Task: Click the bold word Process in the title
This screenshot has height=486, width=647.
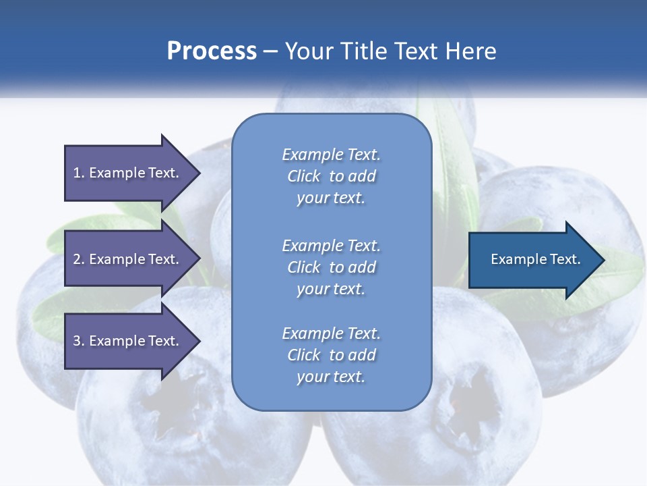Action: [x=212, y=51]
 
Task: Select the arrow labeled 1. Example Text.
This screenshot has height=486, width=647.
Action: [x=128, y=173]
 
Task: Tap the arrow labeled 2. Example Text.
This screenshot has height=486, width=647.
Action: [x=128, y=259]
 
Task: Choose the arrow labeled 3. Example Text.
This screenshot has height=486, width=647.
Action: [x=128, y=341]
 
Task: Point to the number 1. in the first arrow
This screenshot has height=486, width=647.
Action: [x=79, y=173]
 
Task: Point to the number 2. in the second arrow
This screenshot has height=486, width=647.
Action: [x=79, y=259]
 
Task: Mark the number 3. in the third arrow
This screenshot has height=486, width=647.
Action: [x=79, y=341]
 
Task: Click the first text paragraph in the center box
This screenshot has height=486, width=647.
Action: [x=331, y=176]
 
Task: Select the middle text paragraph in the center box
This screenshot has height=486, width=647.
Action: [x=331, y=267]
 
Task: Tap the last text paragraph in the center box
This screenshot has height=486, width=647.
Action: [x=331, y=355]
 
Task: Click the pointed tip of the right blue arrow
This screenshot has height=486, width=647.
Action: [x=602, y=260]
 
